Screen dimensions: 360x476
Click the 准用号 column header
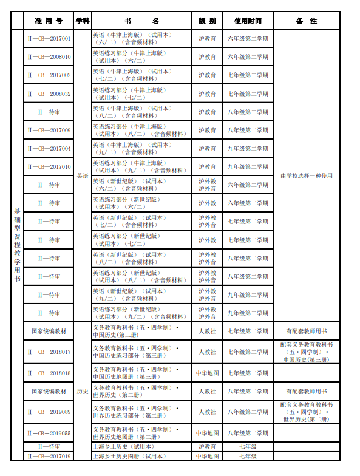point(49,21)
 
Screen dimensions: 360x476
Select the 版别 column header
point(207,21)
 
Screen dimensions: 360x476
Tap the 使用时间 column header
point(248,21)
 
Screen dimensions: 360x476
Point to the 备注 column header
point(307,21)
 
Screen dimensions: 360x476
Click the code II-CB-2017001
point(49,38)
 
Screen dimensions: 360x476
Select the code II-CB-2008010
point(49,57)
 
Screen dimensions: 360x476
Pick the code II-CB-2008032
point(49,94)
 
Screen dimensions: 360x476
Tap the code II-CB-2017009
point(49,131)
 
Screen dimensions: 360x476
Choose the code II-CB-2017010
point(49,167)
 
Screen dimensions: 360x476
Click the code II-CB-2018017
point(49,352)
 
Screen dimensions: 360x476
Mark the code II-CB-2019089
point(49,412)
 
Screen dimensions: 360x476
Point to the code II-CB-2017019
point(49,456)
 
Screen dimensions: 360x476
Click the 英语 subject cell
point(82,175)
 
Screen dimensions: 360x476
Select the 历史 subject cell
point(82,392)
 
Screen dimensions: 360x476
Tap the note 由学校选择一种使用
point(307,176)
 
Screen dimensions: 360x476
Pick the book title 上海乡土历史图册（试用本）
point(129,456)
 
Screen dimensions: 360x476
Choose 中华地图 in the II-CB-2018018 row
point(207,373)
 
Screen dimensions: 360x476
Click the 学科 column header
point(82,21)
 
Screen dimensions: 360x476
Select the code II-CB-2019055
point(49,433)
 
